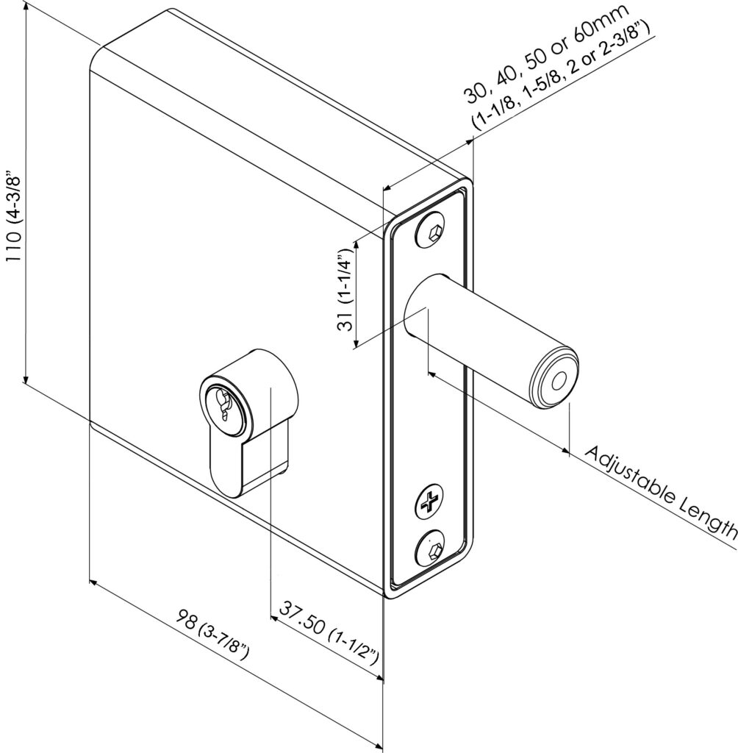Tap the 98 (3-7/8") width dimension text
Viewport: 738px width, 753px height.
(x=213, y=633)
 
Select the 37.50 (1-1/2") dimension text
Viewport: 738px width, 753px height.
(x=328, y=633)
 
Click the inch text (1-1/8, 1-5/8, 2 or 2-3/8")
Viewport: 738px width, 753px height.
(x=563, y=80)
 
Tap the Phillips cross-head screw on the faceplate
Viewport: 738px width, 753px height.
(x=429, y=504)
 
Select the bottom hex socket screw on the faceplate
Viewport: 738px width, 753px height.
(x=431, y=549)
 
